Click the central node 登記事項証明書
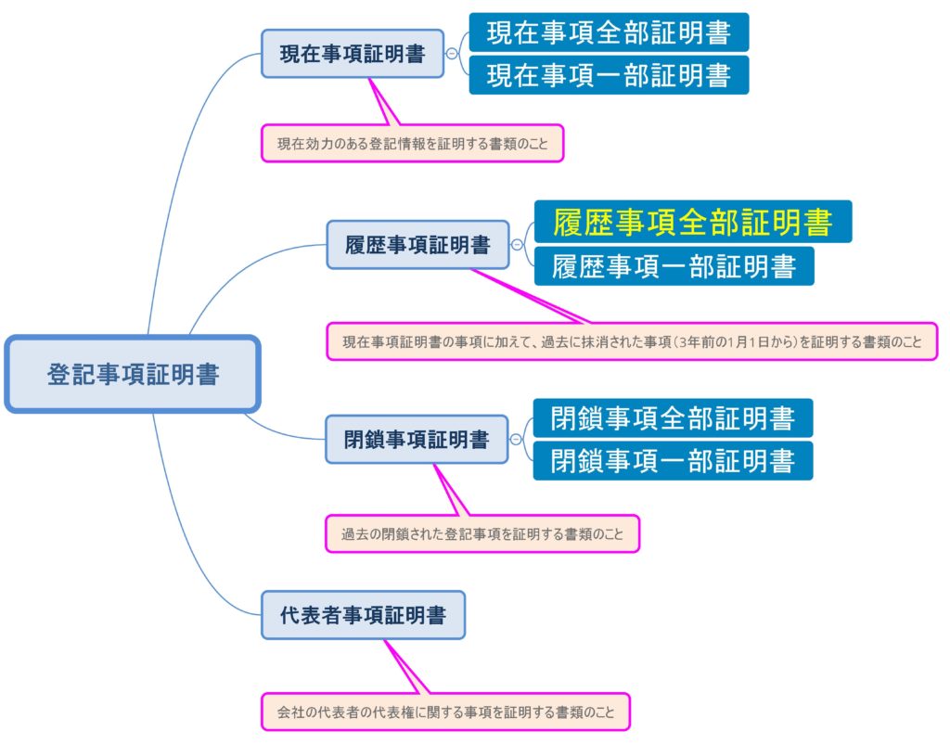pyautogui.click(x=133, y=374)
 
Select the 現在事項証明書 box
pyautogui.click(x=353, y=54)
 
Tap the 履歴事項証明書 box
pyautogui.click(x=417, y=245)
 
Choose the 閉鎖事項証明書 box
pyautogui.click(x=417, y=439)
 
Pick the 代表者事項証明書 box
pyautogui.click(x=363, y=614)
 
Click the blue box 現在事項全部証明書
pyautogui.click(x=609, y=32)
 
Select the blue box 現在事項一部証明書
pyautogui.click(x=609, y=75)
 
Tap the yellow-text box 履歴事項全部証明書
pyautogui.click(x=692, y=222)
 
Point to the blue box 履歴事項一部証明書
pyautogui.click(x=674, y=266)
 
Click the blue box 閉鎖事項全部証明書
pyautogui.click(x=673, y=418)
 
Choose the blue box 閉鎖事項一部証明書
pyautogui.click(x=673, y=460)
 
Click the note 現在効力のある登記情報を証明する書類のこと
pyautogui.click(x=412, y=144)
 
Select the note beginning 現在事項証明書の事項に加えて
pyautogui.click(x=632, y=341)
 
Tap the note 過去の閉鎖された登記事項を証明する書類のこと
pyautogui.click(x=482, y=533)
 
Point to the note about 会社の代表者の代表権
pyautogui.click(x=445, y=712)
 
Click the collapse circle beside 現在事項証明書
pyautogui.click(x=452, y=54)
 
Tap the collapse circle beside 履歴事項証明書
pyautogui.click(x=517, y=245)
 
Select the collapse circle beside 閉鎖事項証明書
pyautogui.click(x=516, y=439)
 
